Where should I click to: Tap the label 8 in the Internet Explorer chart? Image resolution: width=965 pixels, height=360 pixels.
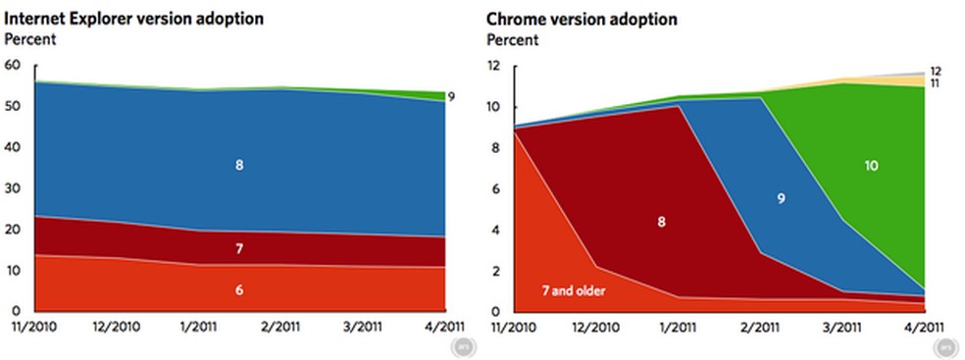(239, 166)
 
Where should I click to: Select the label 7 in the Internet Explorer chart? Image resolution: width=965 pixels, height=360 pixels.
(239, 249)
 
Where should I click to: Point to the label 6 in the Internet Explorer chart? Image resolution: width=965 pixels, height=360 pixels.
(239, 290)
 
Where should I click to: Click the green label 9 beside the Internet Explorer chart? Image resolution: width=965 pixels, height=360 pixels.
(452, 96)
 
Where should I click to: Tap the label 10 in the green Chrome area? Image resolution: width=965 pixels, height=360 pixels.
(871, 167)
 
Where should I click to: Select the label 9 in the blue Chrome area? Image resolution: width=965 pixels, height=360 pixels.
(781, 198)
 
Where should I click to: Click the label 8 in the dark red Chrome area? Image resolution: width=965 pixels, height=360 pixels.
(661, 222)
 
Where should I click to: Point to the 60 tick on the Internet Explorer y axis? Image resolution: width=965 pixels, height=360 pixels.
(13, 66)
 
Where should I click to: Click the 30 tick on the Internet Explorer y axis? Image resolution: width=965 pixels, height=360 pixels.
(13, 189)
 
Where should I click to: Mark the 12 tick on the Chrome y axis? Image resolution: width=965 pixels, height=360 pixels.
(496, 66)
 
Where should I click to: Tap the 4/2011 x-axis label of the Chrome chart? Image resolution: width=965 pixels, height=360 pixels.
(923, 325)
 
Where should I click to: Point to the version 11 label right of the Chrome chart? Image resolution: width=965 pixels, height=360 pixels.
(934, 84)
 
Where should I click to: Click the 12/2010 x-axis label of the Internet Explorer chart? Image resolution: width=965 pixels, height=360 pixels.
(116, 325)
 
